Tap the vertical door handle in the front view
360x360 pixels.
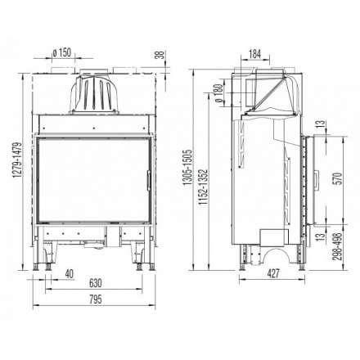(x=146, y=174)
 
